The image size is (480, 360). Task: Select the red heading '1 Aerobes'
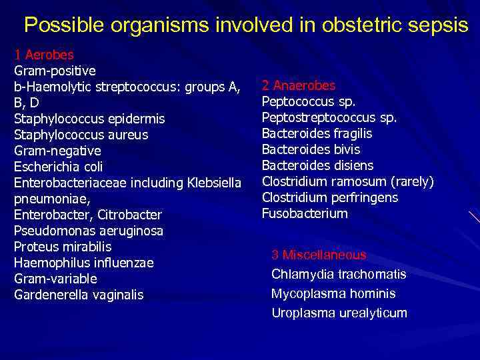coord(44,55)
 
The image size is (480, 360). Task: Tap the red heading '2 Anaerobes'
coord(299,86)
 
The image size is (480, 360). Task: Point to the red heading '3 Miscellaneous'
coord(319,255)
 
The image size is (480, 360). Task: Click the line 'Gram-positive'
coord(55,70)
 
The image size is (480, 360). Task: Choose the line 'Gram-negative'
coord(57,151)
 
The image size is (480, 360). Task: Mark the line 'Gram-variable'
coord(55,279)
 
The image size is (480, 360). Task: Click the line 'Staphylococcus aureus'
coord(81,135)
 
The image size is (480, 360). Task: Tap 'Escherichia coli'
coord(58,167)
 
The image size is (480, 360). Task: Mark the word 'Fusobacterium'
coord(305,214)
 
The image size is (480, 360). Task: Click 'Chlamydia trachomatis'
coord(339,275)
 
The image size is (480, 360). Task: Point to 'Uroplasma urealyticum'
coord(339,313)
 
